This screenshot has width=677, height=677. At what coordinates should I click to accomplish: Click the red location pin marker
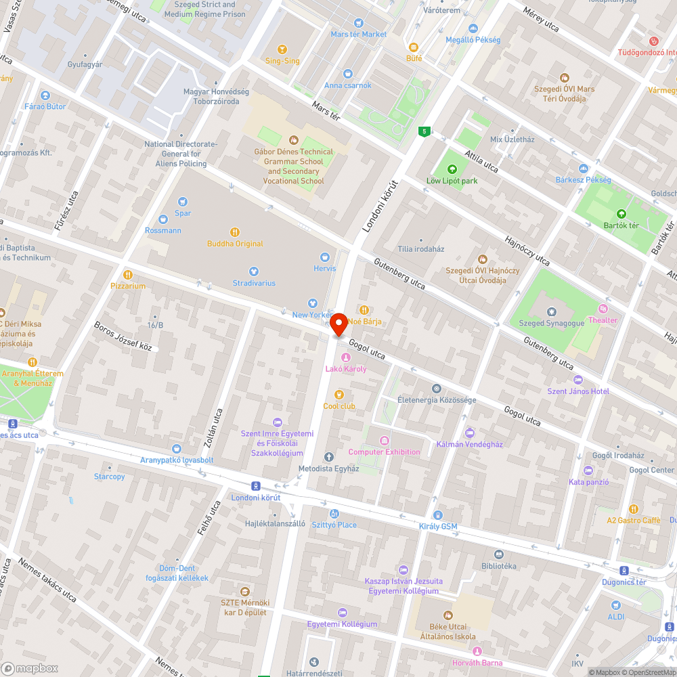point(338,324)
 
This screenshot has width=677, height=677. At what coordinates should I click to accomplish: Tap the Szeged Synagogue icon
point(552,312)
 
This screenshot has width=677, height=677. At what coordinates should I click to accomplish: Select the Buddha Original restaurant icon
point(235,232)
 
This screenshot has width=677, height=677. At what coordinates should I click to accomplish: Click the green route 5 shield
point(424,131)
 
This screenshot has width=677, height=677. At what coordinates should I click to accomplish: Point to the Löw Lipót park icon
point(452,169)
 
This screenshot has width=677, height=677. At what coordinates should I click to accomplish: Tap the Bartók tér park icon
point(621,214)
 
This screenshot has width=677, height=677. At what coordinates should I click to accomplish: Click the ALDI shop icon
point(615,605)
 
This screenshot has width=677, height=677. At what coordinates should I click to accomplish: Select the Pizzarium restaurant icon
point(128,275)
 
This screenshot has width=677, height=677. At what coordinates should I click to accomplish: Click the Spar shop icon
point(182,201)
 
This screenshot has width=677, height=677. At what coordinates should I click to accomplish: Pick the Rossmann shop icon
point(162,219)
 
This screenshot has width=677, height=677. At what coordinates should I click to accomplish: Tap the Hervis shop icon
point(324,257)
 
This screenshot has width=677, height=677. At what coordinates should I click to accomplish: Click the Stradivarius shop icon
point(254,271)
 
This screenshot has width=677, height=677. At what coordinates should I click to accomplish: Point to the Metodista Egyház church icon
point(329,457)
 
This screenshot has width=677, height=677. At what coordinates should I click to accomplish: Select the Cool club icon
point(339,395)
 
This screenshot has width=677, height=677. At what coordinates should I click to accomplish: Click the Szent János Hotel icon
point(577,380)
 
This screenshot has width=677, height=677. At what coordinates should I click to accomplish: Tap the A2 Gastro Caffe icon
point(634,508)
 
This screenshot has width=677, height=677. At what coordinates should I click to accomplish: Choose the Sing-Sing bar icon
point(282,49)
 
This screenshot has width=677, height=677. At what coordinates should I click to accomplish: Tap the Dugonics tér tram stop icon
point(624,571)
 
